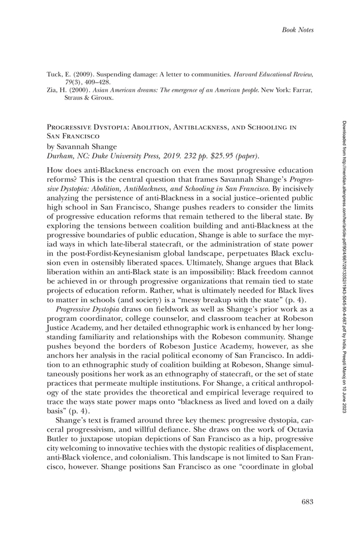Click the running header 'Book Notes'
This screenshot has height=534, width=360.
pos(297,29)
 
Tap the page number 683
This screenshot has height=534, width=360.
pos(307,501)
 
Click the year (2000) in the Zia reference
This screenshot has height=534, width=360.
pos(78,91)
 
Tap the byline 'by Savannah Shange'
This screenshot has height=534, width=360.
pos(82,146)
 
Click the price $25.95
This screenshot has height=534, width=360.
pos(217,156)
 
